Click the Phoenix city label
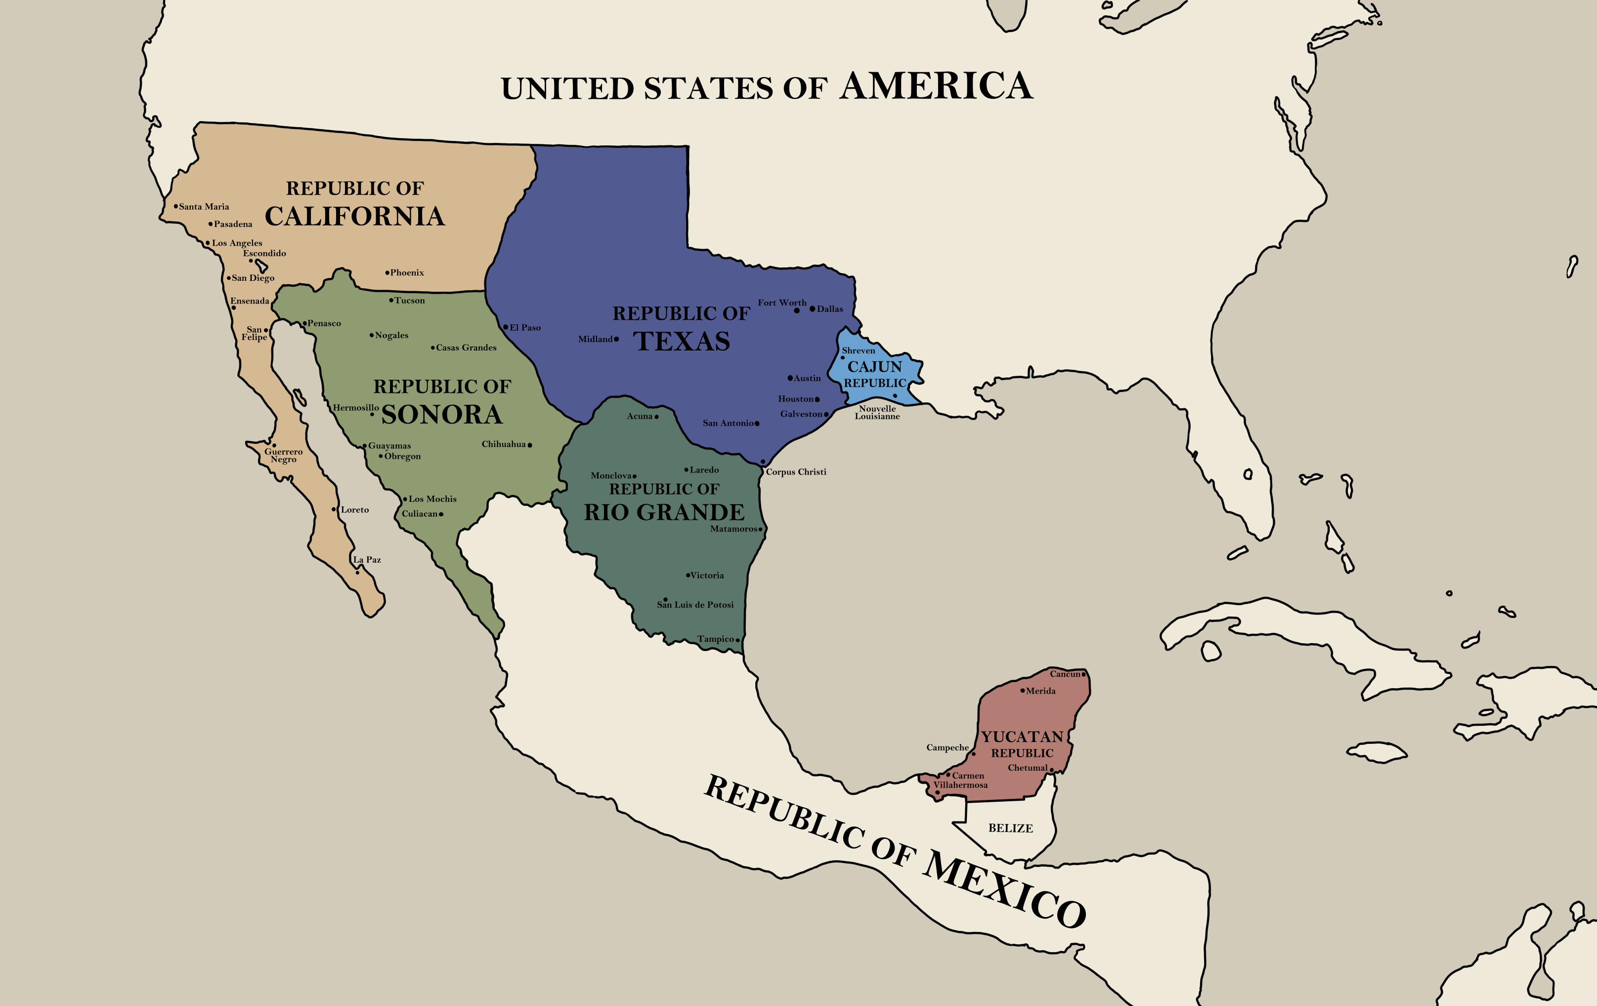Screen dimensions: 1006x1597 click(x=407, y=272)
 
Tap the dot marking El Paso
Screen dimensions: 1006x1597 click(x=505, y=327)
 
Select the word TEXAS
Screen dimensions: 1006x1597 click(x=682, y=342)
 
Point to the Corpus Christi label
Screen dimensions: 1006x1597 click(x=796, y=472)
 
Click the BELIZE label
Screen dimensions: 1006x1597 click(x=1010, y=828)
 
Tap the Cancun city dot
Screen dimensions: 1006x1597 click(x=1083, y=674)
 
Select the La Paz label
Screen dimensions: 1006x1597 click(x=367, y=560)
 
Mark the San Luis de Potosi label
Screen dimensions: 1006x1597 click(x=695, y=605)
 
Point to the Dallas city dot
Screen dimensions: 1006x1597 click(x=813, y=308)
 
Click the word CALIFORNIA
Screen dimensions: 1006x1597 click(x=355, y=216)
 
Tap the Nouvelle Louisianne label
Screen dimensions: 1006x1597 click(x=877, y=412)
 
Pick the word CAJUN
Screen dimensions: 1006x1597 click(x=875, y=367)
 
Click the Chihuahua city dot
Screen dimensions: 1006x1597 click(x=530, y=445)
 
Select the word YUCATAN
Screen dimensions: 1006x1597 click(x=1022, y=737)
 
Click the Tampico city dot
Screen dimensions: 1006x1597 click(x=737, y=640)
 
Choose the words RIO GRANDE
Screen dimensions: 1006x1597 click(x=664, y=513)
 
